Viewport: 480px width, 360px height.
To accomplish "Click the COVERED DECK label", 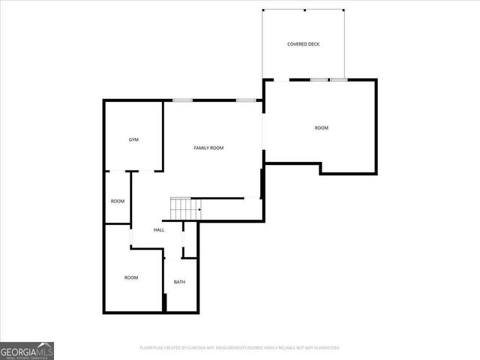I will [303, 44].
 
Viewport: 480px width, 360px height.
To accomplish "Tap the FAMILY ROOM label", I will [208, 148].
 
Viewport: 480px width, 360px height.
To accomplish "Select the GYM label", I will [133, 139].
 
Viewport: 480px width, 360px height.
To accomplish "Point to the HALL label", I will [159, 229].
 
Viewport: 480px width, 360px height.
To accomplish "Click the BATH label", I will [179, 282].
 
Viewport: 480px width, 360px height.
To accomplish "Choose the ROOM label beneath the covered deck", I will [321, 127].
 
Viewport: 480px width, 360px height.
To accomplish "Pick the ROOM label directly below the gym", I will [118, 201].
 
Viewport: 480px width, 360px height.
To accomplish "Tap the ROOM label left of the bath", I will [131, 277].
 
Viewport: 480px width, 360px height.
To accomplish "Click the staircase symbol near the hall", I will [185, 208].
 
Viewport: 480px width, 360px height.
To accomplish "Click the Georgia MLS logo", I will [27, 350].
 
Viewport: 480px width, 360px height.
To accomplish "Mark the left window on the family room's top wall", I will [183, 100].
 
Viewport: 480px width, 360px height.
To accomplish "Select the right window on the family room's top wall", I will [246, 100].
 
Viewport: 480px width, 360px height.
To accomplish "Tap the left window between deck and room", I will [319, 79].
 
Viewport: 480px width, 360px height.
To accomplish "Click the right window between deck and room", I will [338, 79].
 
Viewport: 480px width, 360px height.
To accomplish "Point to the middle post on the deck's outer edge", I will [304, 10].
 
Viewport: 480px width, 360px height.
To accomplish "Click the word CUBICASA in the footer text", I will [191, 348].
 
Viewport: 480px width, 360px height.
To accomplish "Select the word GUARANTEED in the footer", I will [324, 348].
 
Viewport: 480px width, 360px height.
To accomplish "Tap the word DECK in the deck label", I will [313, 44].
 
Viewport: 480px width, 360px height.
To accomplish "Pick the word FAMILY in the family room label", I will [201, 148].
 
